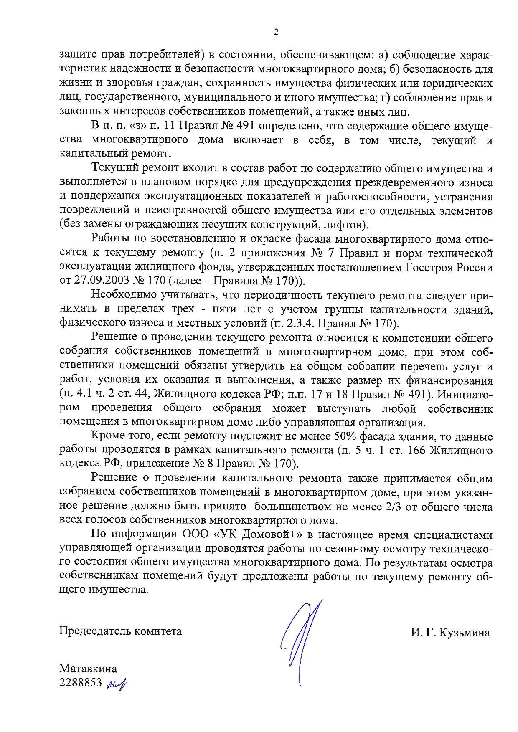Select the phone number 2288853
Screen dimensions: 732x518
coord(81,684)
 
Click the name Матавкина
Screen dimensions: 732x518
coord(88,669)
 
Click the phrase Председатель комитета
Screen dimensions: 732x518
coord(120,631)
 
